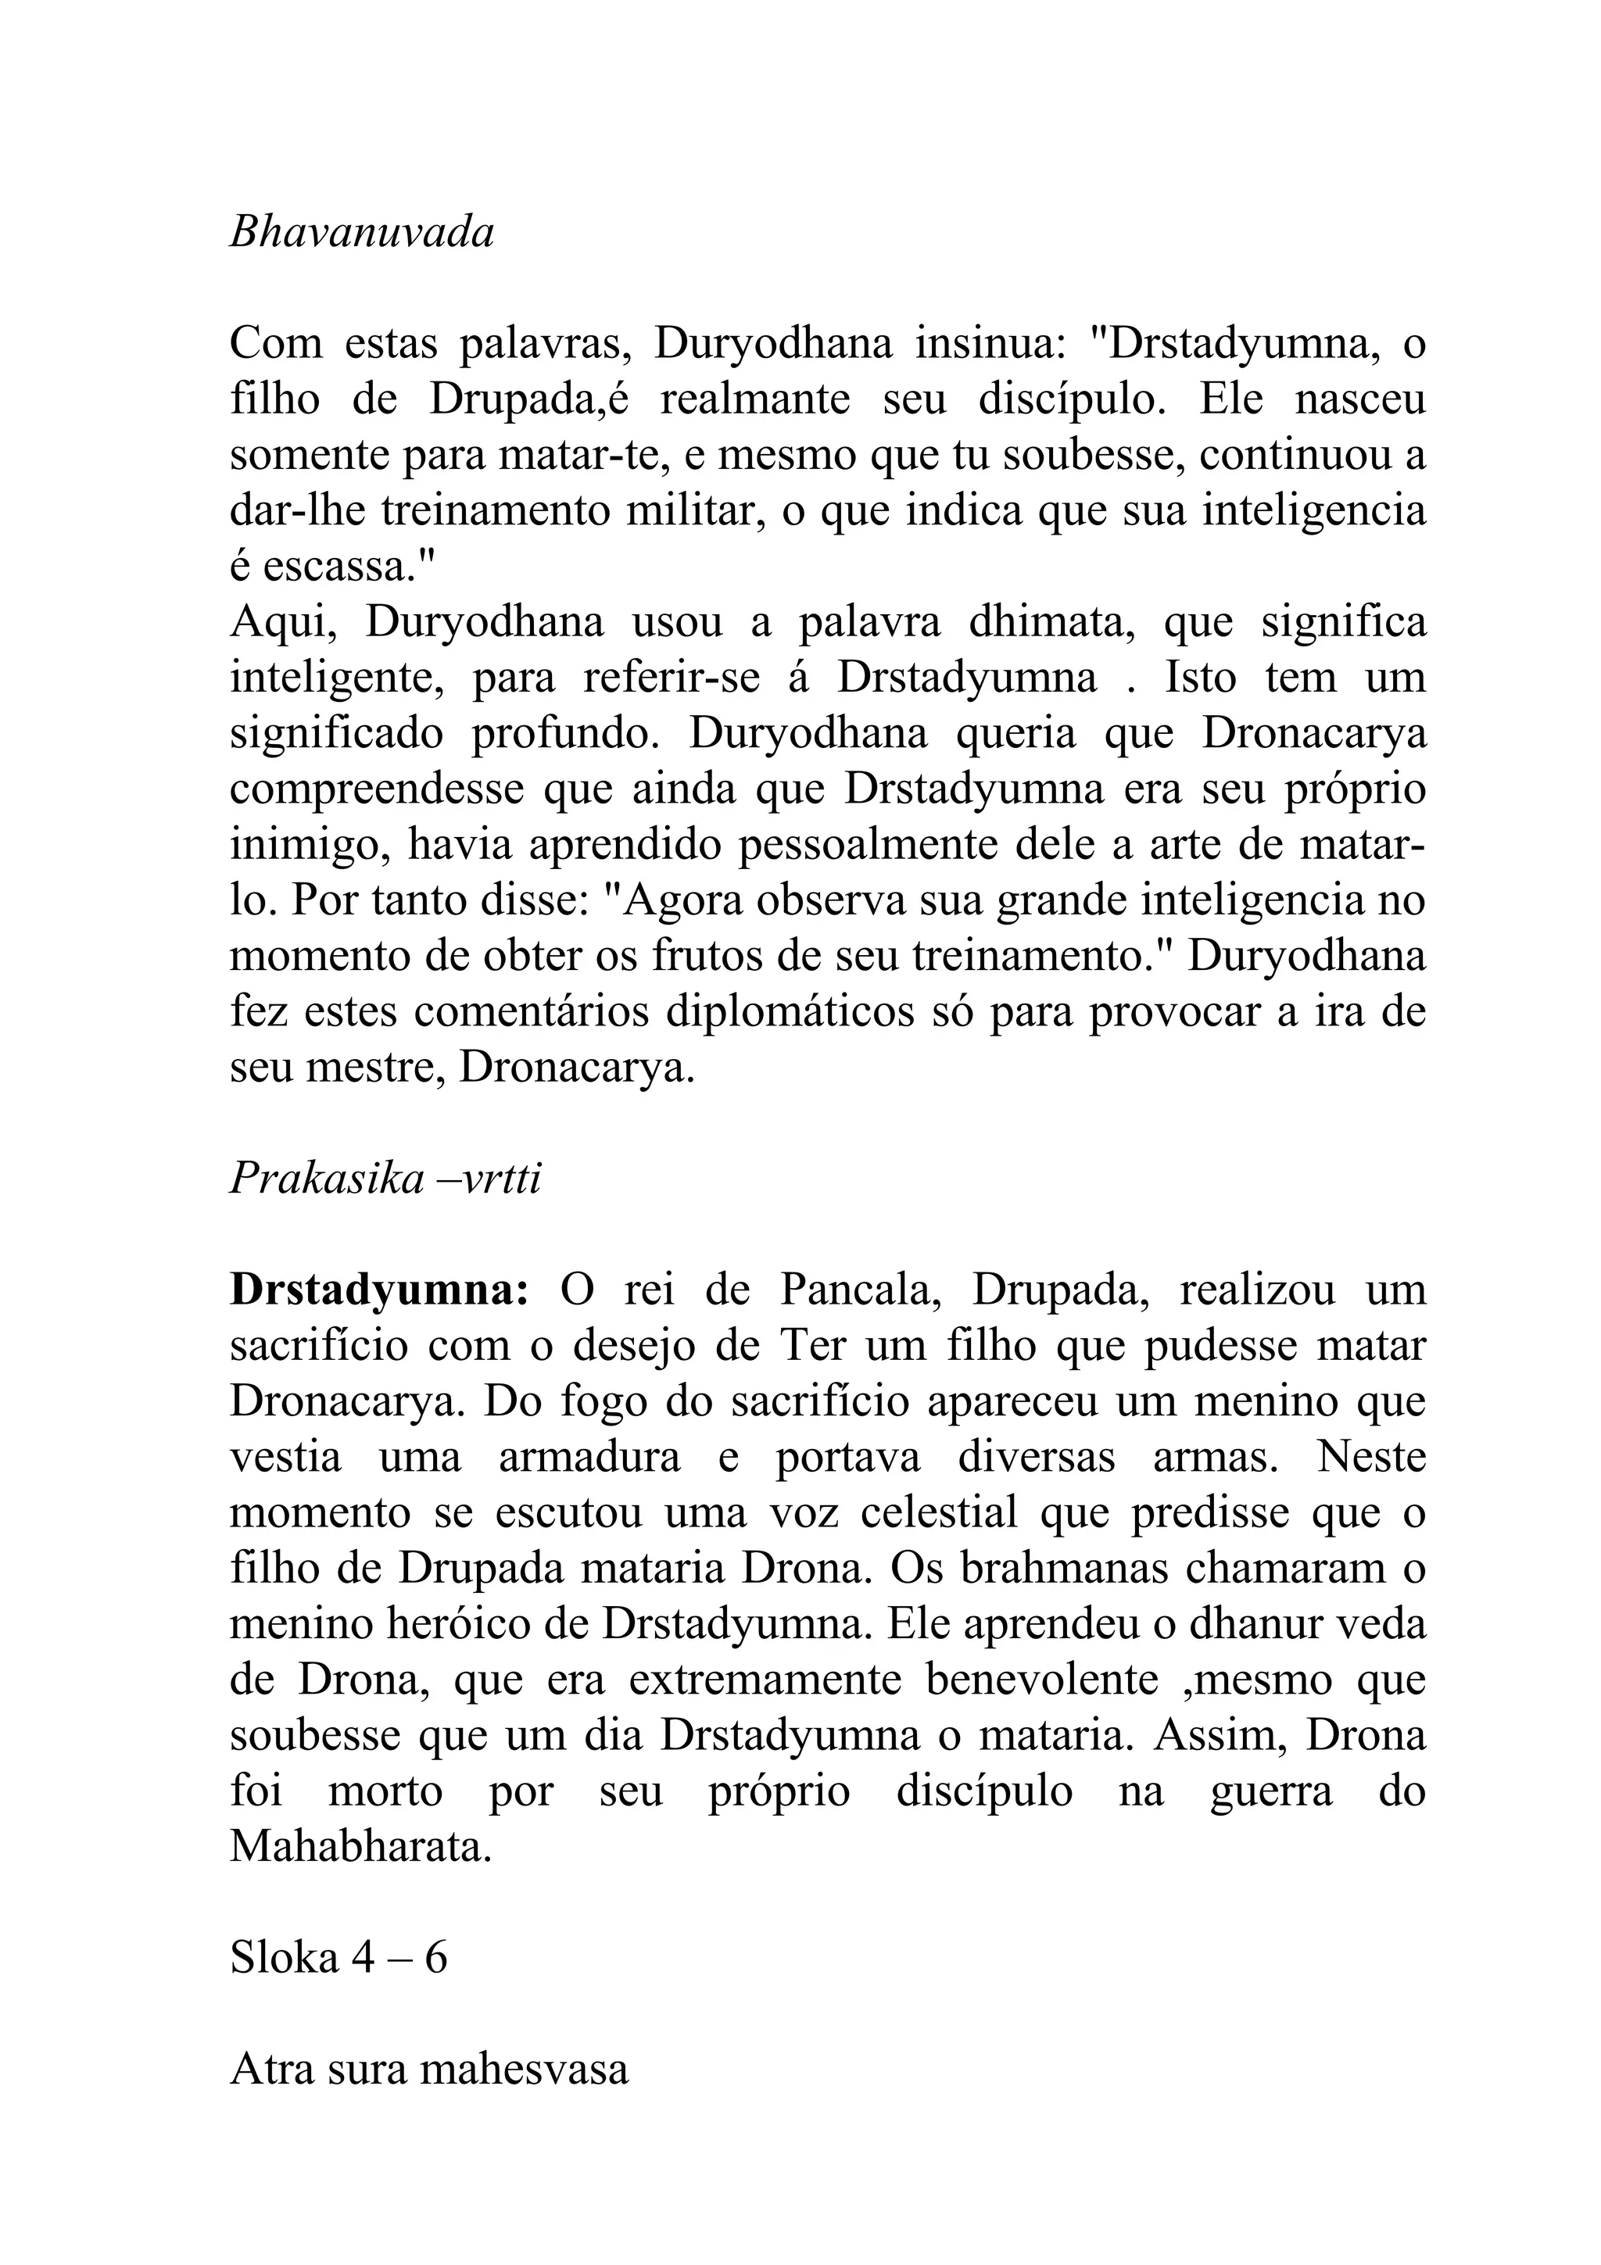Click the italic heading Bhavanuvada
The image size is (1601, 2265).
[361, 234]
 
